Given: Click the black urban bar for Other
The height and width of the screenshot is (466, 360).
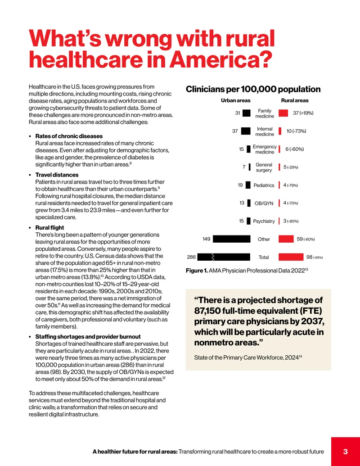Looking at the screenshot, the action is tap(232, 239).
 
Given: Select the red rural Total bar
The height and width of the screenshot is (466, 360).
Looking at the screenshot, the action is tap(291, 257).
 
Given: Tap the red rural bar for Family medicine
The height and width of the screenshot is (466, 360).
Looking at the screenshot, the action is tap(283, 113).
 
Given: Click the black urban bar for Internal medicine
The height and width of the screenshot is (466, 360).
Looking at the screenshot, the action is tap(246, 131).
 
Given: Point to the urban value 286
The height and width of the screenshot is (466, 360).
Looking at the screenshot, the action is tap(191, 257).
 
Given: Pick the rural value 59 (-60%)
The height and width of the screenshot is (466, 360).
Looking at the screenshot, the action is tap(306, 239).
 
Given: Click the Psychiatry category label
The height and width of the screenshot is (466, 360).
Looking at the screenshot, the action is tap(264, 221).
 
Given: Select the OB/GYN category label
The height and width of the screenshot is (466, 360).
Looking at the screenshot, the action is tap(264, 203).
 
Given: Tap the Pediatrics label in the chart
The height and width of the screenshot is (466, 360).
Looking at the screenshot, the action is tap(264, 185).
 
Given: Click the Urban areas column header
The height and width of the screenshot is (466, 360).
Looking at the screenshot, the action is tap(235, 100).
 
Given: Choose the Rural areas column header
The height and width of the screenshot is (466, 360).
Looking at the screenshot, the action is tap(295, 100).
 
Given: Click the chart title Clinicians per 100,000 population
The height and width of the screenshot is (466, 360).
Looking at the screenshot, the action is tap(253, 89).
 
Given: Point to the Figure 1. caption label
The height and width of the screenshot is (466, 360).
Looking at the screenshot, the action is tap(197, 271).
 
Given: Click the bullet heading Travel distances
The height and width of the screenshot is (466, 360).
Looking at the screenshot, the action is tap(57, 175).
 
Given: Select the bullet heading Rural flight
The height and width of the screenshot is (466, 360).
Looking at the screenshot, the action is tap(49, 228).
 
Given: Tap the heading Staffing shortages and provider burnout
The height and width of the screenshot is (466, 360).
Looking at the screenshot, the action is tap(88, 337).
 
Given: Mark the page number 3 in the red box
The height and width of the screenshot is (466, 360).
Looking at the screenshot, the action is tap(346, 452).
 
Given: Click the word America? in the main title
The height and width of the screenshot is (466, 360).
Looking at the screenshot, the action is tap(220, 59).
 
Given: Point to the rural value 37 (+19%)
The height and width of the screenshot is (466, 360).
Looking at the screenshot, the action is tap(303, 113).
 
